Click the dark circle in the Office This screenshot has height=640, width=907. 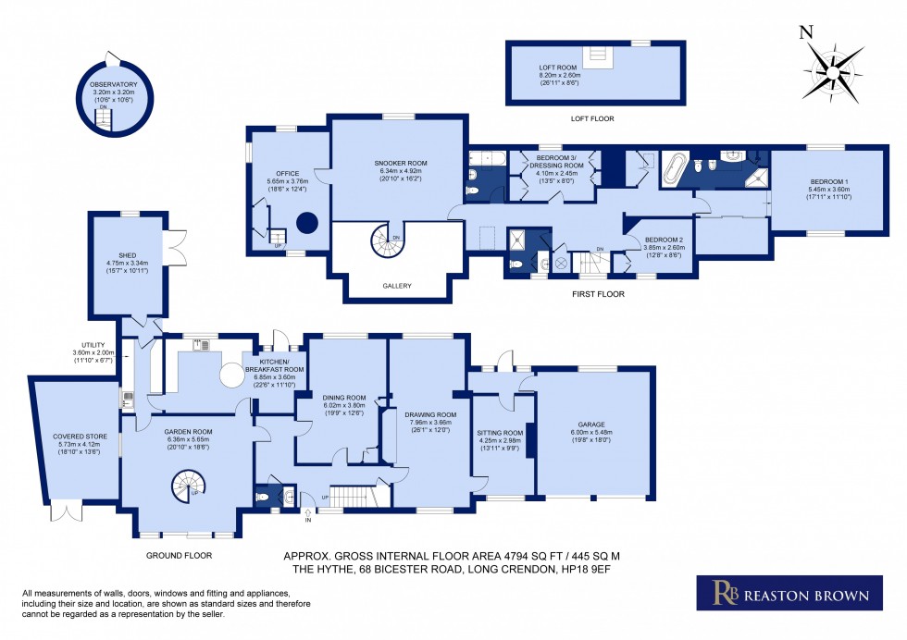(306, 222)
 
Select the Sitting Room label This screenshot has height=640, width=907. (500, 433)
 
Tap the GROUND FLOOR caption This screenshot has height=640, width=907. (179, 556)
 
